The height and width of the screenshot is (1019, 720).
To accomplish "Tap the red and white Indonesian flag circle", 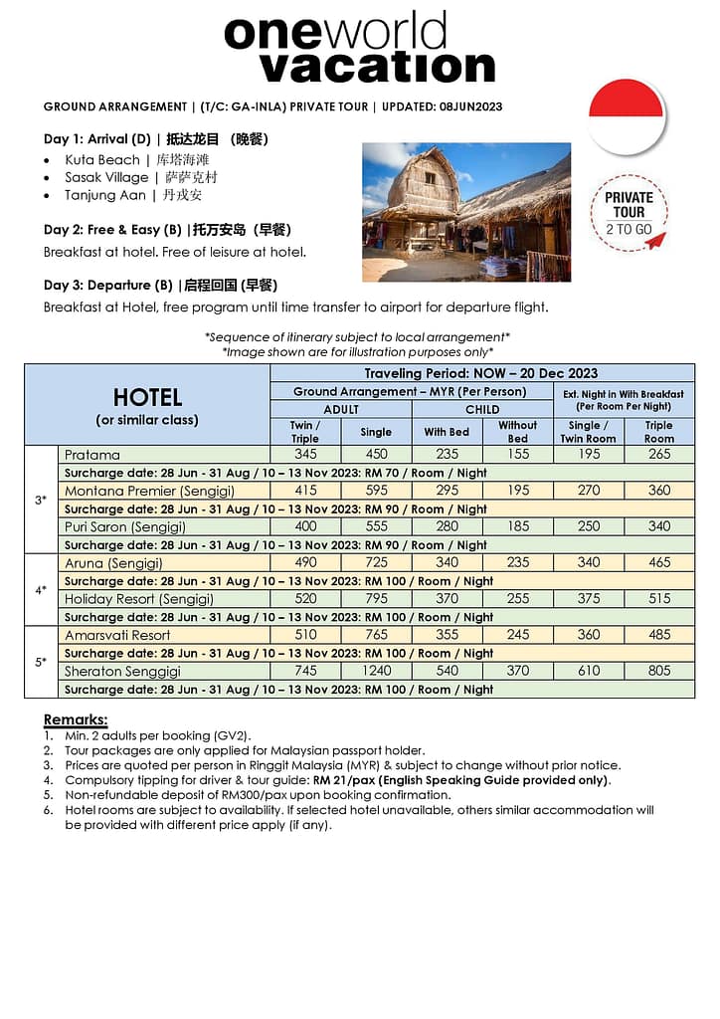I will click(627, 115).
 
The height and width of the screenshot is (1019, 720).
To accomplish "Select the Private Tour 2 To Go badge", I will click(629, 212).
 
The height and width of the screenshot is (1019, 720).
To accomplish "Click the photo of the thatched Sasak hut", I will click(465, 212).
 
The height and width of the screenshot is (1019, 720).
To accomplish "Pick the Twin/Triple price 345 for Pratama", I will click(305, 455).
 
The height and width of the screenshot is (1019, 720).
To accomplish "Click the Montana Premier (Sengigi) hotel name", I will click(134, 491).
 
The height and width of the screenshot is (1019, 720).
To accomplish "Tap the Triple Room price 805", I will click(659, 671).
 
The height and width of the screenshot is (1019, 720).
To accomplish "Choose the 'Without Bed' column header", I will click(517, 431).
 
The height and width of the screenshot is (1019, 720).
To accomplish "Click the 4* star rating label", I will click(41, 589).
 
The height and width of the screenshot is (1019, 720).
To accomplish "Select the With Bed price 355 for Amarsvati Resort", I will click(448, 635).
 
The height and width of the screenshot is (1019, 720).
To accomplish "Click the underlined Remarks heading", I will click(76, 719).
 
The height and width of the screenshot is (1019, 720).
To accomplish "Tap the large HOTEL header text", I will click(147, 397).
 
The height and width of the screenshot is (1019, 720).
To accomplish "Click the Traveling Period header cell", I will click(481, 373).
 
